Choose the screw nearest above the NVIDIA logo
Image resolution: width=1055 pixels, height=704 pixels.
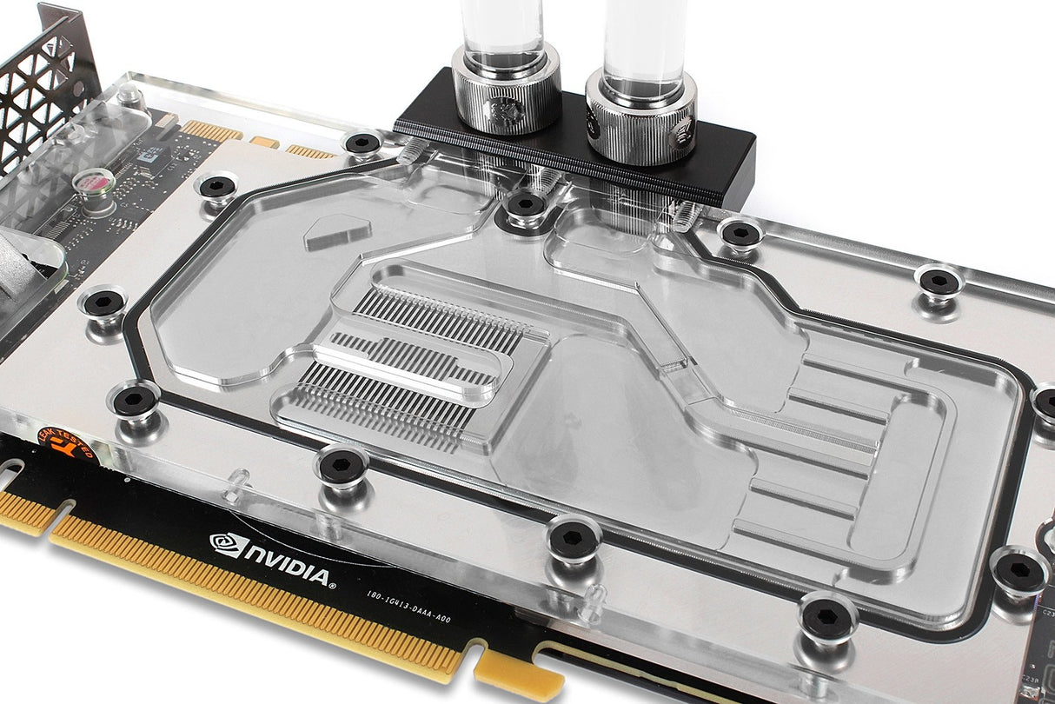point(341,467)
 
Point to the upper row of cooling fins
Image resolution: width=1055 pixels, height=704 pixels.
point(439,319)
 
